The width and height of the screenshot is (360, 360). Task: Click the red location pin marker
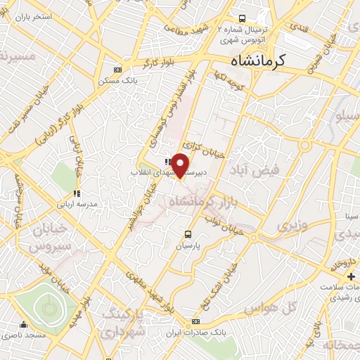pyautogui.click(x=181, y=165)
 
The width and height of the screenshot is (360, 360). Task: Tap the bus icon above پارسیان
pyautogui.click(x=188, y=234)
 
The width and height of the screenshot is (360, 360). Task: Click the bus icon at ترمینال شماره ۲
pyautogui.click(x=242, y=18)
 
